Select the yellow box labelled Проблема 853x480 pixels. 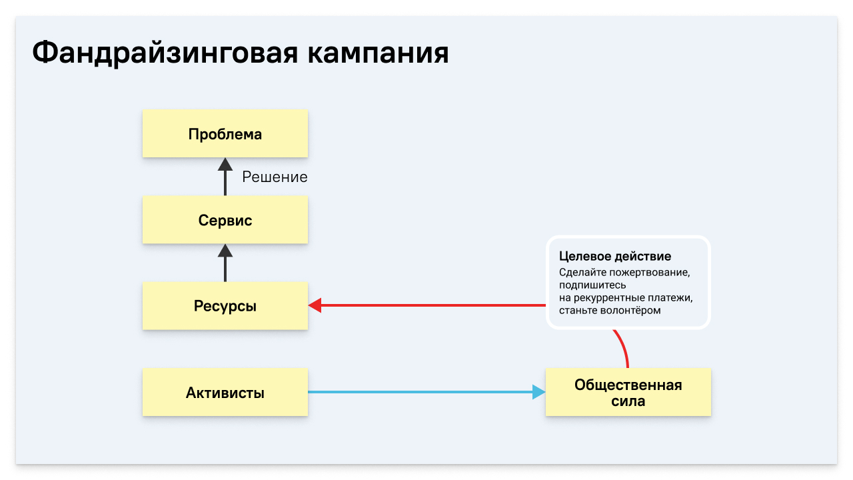pos(225,134)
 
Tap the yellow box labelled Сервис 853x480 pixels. pos(225,220)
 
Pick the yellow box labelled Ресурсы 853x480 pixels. pos(225,306)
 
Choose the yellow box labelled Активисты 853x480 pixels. pos(225,393)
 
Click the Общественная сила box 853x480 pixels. pos(628,393)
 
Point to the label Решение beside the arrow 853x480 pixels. pos(275,177)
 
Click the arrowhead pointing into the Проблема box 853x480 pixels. pos(225,164)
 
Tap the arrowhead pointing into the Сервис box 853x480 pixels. pos(225,251)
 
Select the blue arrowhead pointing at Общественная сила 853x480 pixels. pos(539,392)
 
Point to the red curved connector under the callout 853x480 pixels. pos(624,348)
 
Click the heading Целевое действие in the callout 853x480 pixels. pos(614,257)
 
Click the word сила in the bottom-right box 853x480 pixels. pos(628,401)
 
